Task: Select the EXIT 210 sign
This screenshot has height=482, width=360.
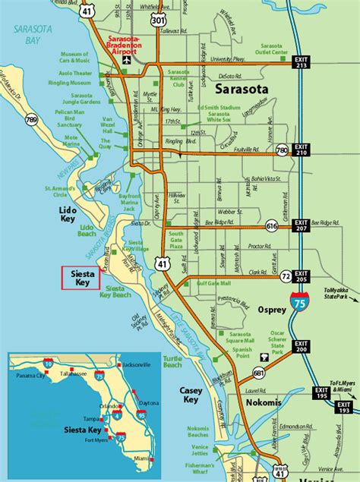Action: point(302,150)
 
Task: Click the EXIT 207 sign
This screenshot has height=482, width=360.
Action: point(302,225)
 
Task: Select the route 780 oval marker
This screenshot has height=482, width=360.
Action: point(283,151)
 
